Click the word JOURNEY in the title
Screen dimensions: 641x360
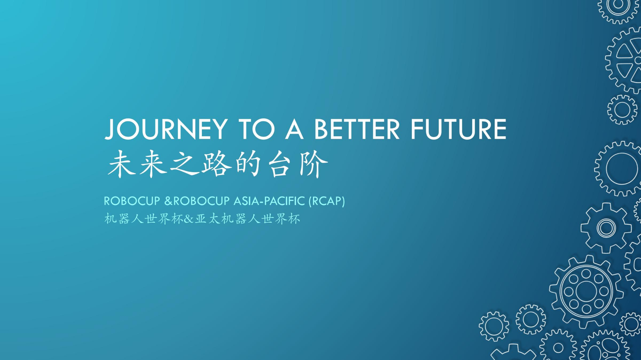tap(166, 129)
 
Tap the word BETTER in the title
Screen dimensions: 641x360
tap(357, 129)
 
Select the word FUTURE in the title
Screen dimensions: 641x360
tap(459, 129)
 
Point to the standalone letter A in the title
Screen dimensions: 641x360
tap(294, 129)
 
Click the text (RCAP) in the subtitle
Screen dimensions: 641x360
tap(327, 201)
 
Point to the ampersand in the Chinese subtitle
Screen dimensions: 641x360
tap(189, 219)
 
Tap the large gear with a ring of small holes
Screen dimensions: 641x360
tap(587, 292)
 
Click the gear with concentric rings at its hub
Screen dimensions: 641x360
tap(606, 228)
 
